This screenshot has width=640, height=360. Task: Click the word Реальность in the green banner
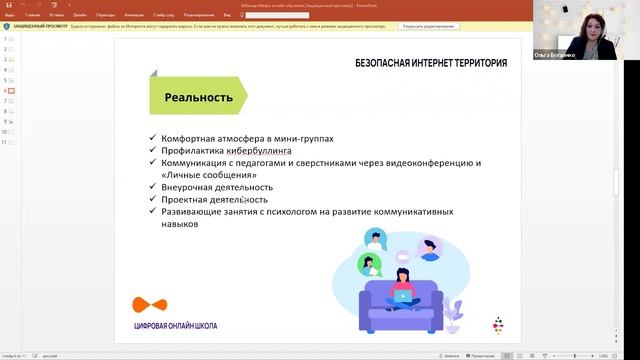(x=198, y=98)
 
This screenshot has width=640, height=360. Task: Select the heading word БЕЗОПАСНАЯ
(x=390, y=63)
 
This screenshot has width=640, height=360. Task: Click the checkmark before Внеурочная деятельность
(x=151, y=187)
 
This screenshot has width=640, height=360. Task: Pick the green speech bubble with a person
(x=369, y=265)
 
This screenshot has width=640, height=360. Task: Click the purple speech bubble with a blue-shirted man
(x=429, y=247)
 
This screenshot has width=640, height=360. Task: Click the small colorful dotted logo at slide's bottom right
(x=497, y=324)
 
